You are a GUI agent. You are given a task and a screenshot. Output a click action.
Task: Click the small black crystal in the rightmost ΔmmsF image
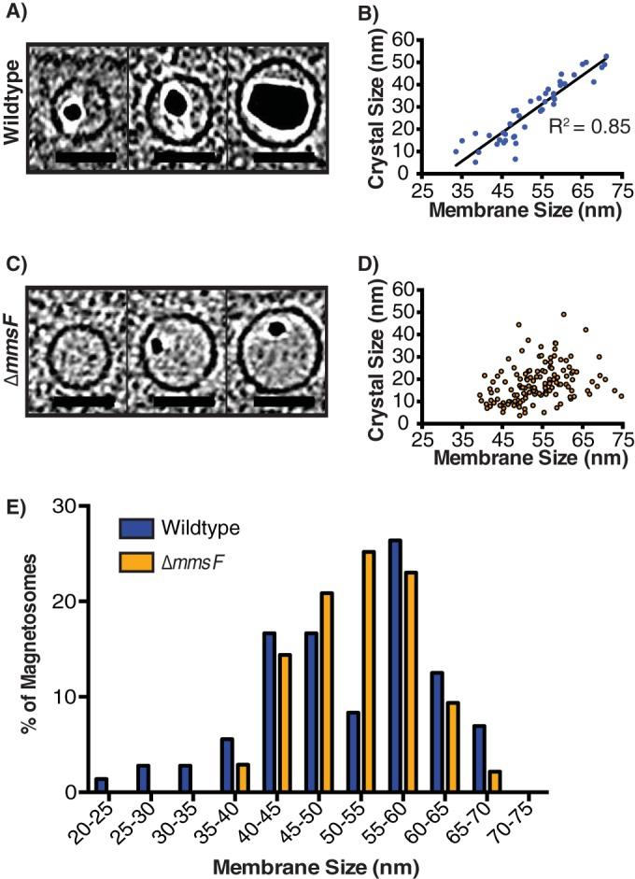[x=276, y=329]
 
